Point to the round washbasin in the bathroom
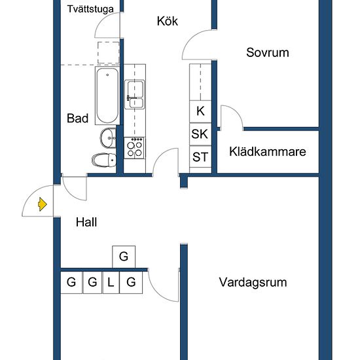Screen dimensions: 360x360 107,137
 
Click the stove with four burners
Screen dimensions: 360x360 134,148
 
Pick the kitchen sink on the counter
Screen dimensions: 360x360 135,94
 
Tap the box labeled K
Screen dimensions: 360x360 200,111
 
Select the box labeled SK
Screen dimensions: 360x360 200,134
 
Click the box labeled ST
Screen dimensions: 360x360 200,157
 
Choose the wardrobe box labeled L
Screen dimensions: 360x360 111,283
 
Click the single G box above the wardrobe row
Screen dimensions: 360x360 123,257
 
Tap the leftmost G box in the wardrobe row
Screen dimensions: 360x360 71,283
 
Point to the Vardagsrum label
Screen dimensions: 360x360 253,283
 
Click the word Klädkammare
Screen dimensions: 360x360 268,152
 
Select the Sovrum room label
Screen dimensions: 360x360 267,53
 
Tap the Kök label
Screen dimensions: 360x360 168,21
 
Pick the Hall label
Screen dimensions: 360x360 86,223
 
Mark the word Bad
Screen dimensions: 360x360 78,118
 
